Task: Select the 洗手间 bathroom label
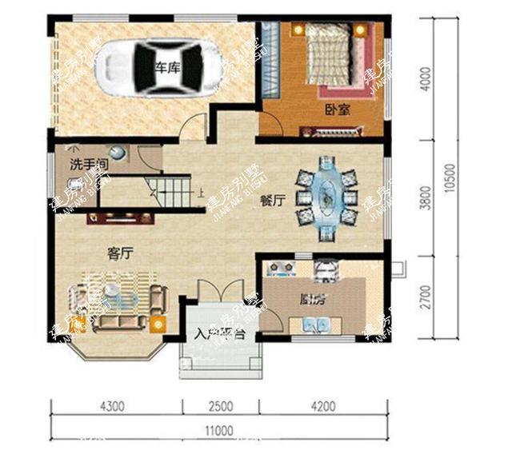pyautogui.click(x=87, y=165)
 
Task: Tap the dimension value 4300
pyautogui.click(x=112, y=406)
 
